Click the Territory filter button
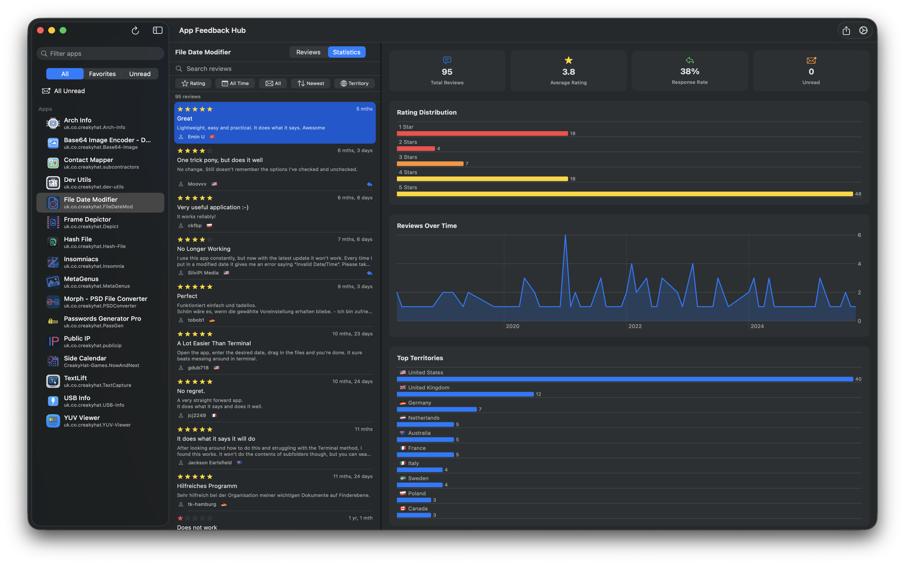[x=354, y=83]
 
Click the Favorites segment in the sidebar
[x=102, y=74]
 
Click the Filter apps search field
[x=100, y=53]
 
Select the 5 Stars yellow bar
[x=624, y=194]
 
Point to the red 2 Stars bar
[x=415, y=149]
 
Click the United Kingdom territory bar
[x=465, y=394]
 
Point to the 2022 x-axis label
[x=635, y=326]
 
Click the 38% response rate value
[x=689, y=71]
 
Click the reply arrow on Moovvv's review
[x=369, y=184]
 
